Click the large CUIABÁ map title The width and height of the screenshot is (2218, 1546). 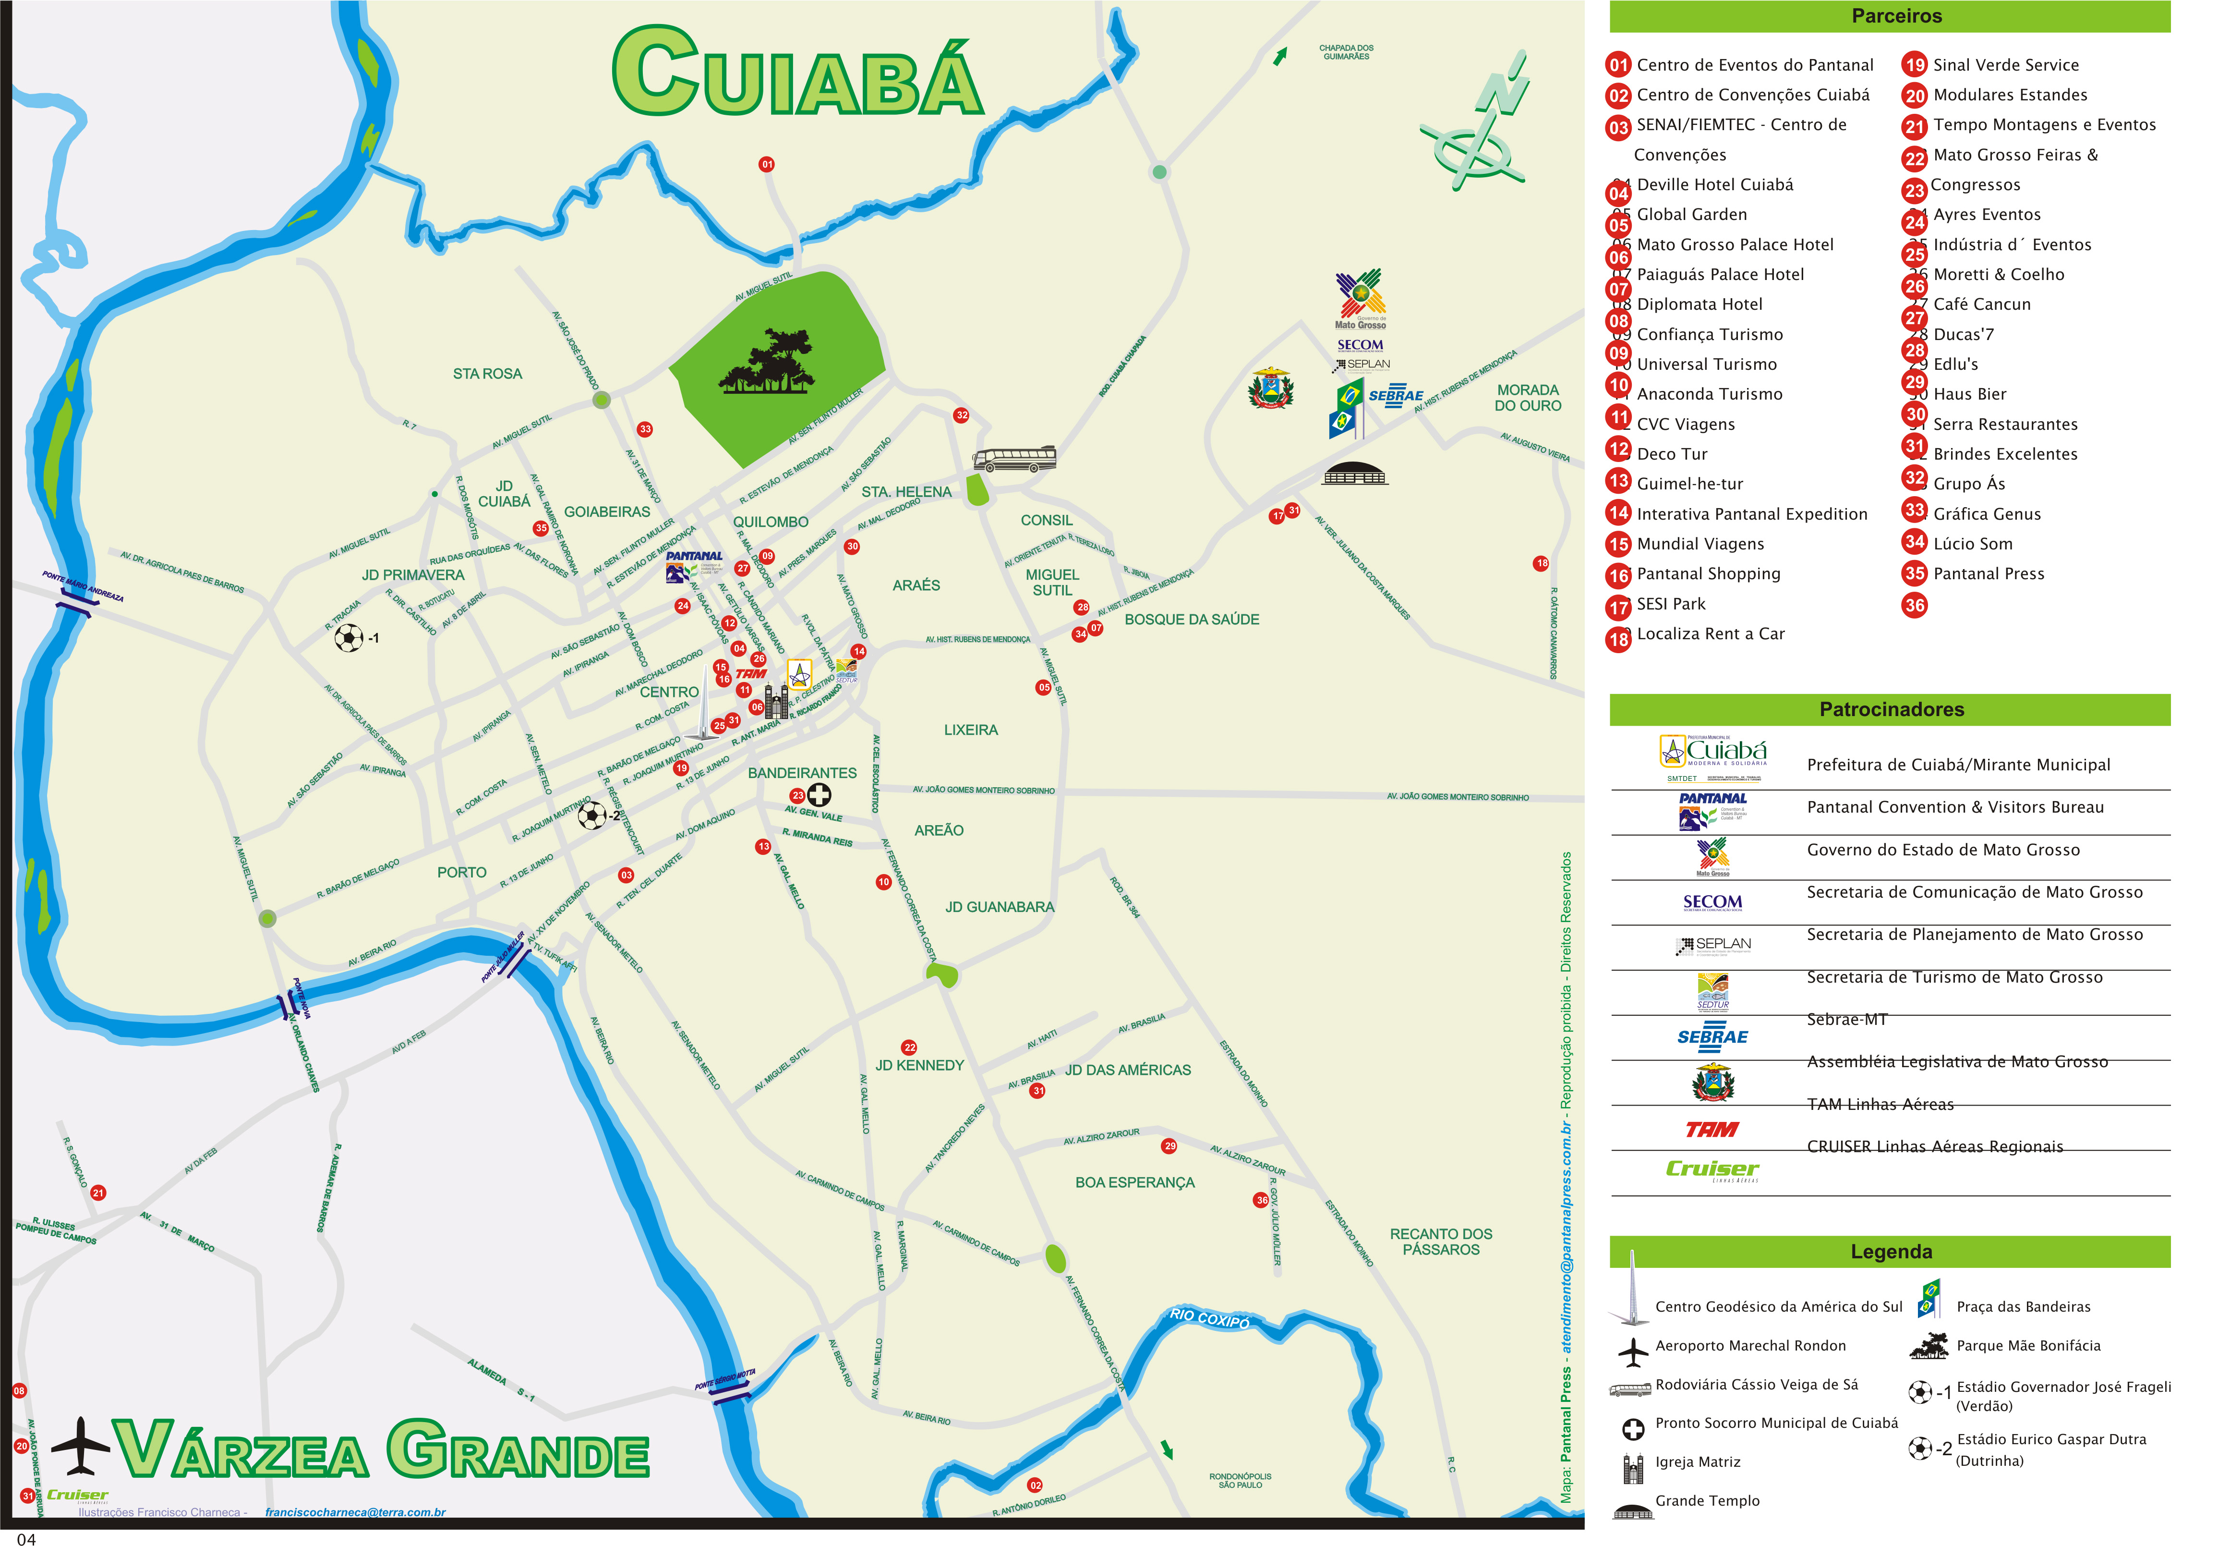tap(797, 73)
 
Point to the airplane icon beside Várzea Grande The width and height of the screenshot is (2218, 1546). tap(80, 1447)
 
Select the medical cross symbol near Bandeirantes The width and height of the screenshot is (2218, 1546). tap(819, 795)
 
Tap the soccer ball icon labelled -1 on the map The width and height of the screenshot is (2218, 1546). tap(349, 638)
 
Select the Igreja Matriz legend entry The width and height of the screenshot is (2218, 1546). tap(1697, 1462)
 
